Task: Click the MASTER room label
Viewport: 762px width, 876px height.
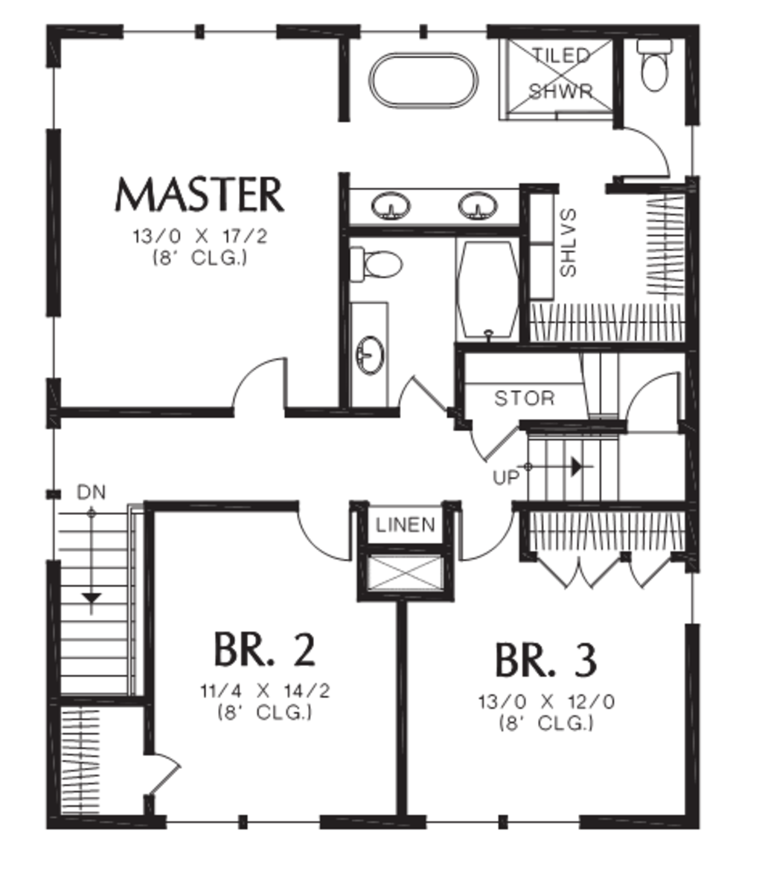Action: point(199,195)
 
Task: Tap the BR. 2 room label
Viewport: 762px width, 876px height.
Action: point(264,649)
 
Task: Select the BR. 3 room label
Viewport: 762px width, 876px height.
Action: point(545,661)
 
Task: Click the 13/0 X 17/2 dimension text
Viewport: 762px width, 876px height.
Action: point(199,237)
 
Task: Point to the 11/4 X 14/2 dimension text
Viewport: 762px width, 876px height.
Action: point(264,691)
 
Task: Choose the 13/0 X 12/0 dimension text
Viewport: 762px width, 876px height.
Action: point(546,702)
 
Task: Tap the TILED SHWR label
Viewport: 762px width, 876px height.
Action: point(561,74)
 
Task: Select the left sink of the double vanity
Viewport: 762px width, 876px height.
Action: point(390,206)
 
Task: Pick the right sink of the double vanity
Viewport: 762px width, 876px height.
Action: point(476,206)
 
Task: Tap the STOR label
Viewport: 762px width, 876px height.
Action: point(525,399)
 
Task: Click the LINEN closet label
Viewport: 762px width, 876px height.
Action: point(406,525)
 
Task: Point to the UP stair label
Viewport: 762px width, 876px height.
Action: point(505,478)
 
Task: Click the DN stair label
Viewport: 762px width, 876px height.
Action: point(91,493)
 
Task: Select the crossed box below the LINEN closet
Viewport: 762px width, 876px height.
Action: point(406,573)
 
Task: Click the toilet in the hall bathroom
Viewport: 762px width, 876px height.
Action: point(377,263)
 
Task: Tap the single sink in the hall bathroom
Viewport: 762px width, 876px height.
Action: point(370,354)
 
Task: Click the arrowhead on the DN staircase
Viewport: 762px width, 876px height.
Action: point(91,597)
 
